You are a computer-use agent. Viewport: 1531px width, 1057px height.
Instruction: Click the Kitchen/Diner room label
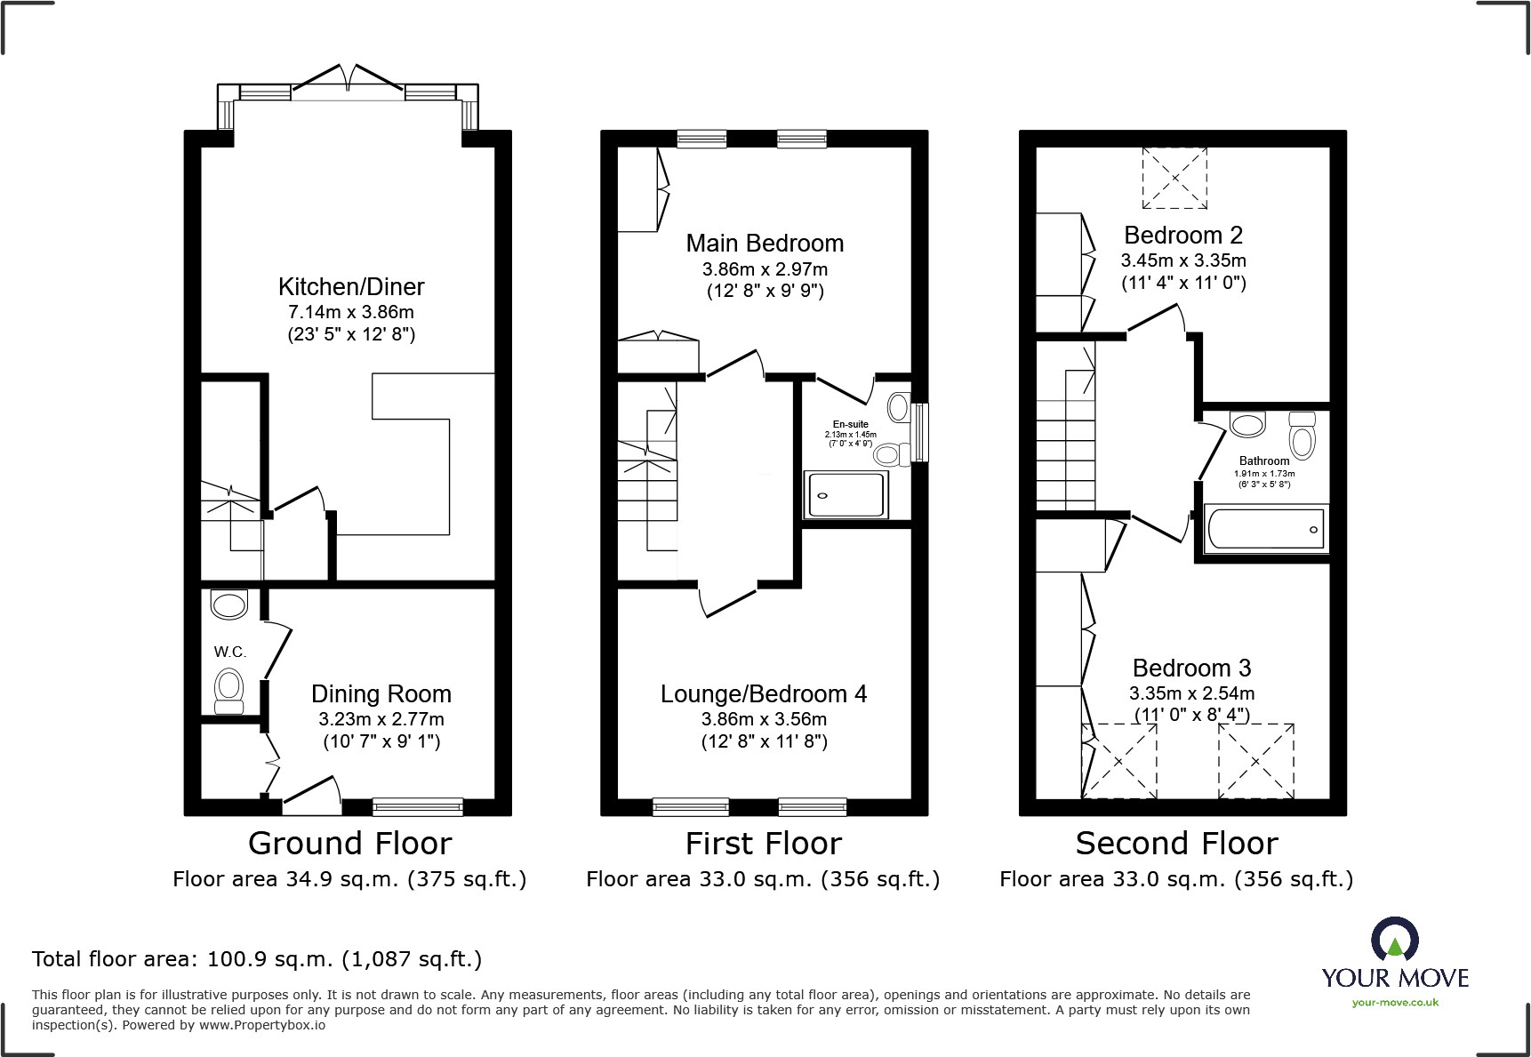coord(351,287)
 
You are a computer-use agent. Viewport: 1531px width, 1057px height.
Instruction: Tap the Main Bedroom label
coord(765,244)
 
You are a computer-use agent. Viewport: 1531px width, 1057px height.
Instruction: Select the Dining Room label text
coord(381,694)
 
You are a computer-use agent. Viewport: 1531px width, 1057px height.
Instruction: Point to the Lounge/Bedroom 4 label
coord(764,694)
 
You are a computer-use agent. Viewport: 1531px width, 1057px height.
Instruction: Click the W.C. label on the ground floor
coord(229,652)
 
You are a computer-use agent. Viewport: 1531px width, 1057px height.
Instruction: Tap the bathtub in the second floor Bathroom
coord(1266,529)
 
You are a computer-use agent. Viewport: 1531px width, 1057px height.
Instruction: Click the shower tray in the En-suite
coord(846,494)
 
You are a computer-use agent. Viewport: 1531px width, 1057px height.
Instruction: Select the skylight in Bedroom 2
coord(1174,178)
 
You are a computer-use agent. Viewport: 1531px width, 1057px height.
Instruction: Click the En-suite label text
coord(851,424)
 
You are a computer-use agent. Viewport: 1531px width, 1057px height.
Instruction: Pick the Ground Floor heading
coord(350,843)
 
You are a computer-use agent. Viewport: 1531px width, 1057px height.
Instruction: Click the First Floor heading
coord(764,843)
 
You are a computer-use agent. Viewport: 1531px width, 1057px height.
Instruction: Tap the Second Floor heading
coord(1177,843)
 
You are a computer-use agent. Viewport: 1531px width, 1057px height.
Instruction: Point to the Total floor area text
coord(257,959)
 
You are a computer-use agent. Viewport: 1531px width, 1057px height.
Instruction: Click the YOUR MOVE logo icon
coord(1395,939)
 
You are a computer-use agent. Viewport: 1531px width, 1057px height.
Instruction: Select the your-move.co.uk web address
coord(1395,1003)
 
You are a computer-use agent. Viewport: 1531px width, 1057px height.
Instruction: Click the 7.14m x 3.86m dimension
coord(351,312)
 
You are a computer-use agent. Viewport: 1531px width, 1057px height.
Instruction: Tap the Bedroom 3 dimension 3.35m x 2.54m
coord(1192,693)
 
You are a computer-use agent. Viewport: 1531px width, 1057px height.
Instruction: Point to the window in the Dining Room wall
coord(418,807)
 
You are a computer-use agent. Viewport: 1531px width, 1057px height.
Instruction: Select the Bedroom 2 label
coord(1183,236)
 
